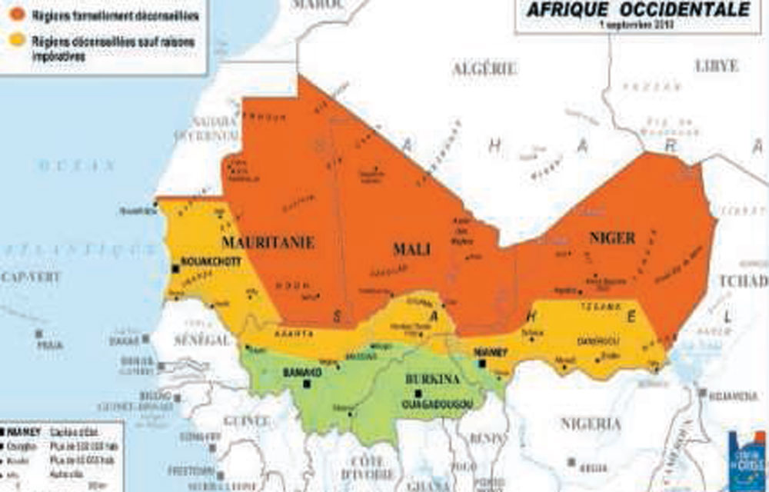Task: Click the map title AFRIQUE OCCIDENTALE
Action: tap(637, 10)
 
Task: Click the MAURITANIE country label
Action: tap(268, 242)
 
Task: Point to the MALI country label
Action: tap(411, 250)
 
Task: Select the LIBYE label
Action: tap(717, 65)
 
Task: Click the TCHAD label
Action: tap(744, 281)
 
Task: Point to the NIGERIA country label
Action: tap(590, 423)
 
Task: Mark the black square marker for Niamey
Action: tap(481, 363)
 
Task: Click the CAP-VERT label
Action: tap(30, 277)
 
